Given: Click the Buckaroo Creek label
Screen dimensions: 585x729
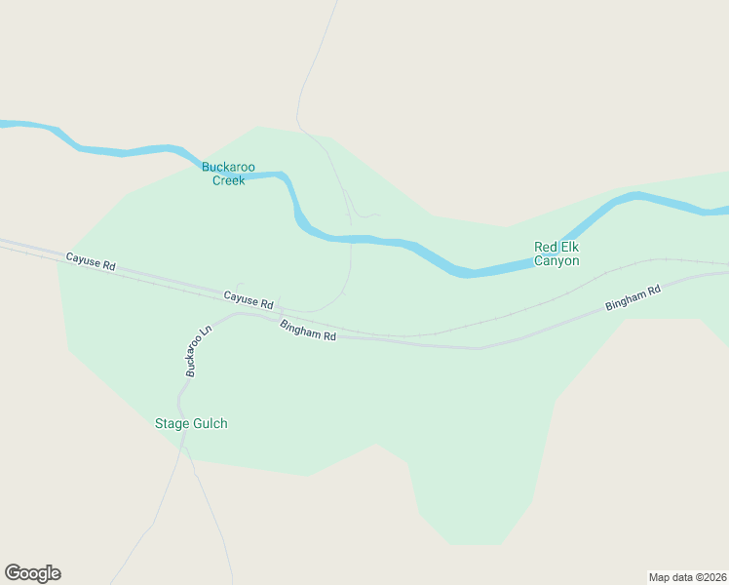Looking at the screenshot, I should [x=228, y=174].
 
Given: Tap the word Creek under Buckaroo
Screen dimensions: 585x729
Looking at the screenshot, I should [x=228, y=180].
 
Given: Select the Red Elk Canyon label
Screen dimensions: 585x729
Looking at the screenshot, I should [x=556, y=253].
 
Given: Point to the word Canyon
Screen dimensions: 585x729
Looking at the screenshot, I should [x=556, y=261].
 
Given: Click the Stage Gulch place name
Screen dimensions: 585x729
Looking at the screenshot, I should [x=191, y=423].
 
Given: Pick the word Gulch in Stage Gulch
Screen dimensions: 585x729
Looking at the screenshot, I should [x=210, y=423].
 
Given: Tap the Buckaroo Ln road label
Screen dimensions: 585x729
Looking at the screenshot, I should [x=193, y=353].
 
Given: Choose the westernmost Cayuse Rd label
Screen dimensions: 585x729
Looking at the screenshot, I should [x=91, y=261].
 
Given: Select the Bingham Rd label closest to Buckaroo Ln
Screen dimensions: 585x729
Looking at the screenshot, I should [x=308, y=331].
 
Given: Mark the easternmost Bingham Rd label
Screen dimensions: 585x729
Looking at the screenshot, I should [x=633, y=297].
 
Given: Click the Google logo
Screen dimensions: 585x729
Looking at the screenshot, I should [x=32, y=573].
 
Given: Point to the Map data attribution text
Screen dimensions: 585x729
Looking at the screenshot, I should [x=686, y=577].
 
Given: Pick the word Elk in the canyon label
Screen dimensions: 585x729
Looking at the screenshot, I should [x=570, y=247].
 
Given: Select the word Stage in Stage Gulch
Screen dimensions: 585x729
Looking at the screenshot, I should [x=172, y=423].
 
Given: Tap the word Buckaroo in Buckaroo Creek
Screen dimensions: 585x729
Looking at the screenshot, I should [x=228, y=167].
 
